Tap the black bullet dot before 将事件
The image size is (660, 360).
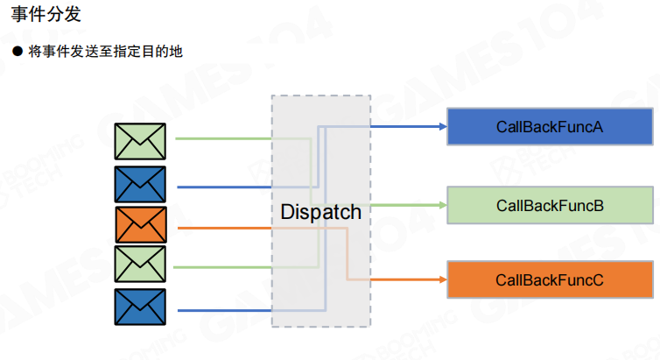16,53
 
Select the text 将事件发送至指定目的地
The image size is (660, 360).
104,53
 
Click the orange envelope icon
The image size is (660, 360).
141,225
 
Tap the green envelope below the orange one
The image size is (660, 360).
141,265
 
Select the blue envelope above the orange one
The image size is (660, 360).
141,184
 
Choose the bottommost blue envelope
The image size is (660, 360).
141,307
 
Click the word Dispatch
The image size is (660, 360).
320,212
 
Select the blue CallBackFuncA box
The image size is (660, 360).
550,126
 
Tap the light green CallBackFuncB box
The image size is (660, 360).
550,205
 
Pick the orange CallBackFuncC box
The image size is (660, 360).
550,279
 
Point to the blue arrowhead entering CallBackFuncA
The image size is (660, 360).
442,126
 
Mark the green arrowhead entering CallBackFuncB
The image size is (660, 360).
442,205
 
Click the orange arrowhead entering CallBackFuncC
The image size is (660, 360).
442,280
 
